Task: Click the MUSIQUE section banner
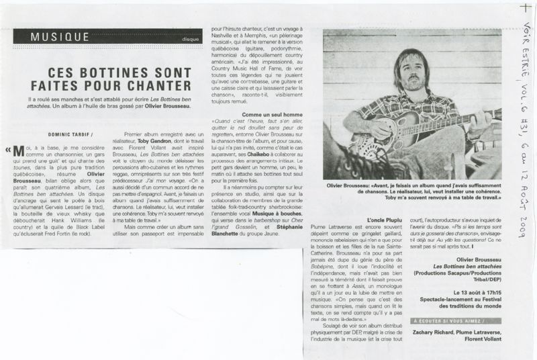coord(60,37)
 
